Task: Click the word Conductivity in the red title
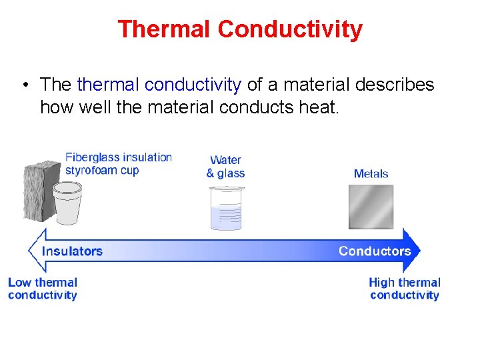coord(290,29)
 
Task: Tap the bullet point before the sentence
coord(24,85)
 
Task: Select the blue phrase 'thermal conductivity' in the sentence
coord(159,85)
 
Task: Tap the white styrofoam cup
coord(67,204)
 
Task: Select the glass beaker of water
coord(225,207)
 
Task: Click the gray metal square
coord(371,207)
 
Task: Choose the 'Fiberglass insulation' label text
coord(119,157)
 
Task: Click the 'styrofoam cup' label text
coord(102,170)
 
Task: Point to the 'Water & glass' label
coord(225,167)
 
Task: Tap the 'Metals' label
coord(371,174)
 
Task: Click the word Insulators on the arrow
coord(72,251)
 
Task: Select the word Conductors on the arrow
coord(374,251)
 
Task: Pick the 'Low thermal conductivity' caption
coord(43,289)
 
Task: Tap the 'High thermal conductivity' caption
coord(405,289)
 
